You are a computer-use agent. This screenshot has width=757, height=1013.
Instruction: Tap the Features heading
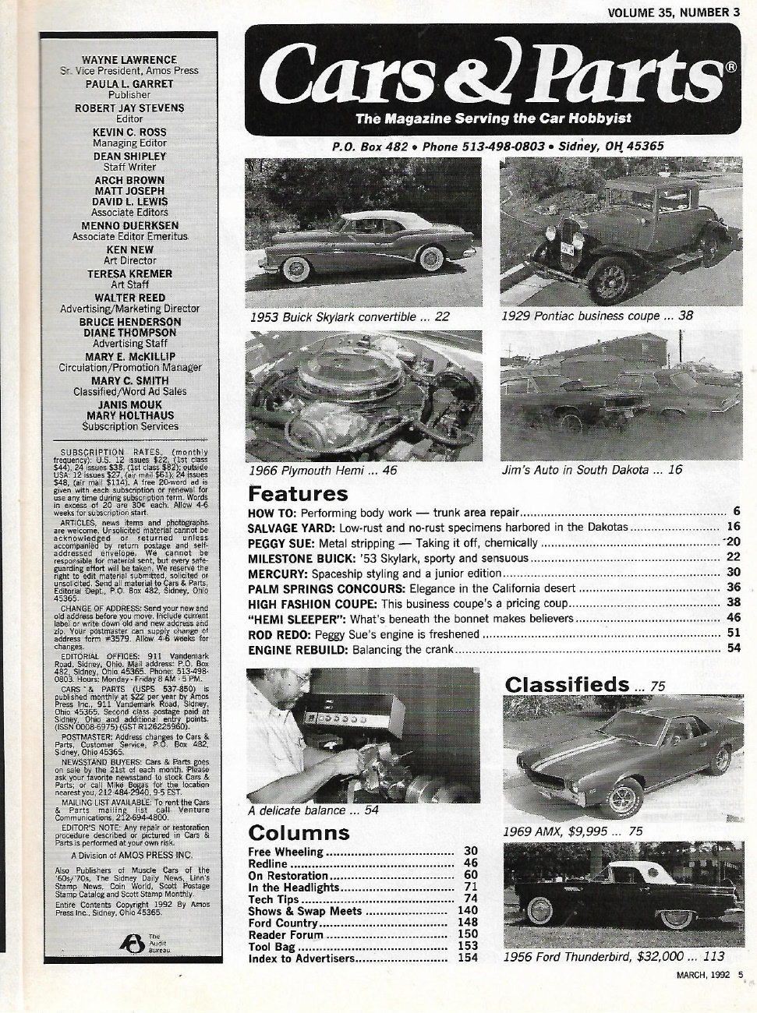tap(297, 494)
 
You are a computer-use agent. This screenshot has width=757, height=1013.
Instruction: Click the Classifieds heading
tap(566, 684)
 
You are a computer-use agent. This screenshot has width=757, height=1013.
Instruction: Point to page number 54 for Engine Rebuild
tap(733, 648)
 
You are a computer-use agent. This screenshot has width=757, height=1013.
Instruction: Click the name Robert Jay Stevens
tap(129, 108)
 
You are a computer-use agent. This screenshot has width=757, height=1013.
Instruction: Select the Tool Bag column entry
tap(271, 947)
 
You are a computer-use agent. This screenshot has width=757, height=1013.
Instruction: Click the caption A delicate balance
tap(313, 810)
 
